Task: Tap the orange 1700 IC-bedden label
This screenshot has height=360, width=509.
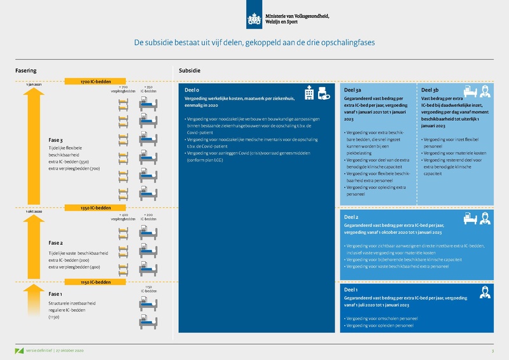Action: point(96,82)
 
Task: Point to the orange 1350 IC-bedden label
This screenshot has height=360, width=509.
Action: point(96,207)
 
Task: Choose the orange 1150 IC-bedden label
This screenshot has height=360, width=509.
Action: point(96,282)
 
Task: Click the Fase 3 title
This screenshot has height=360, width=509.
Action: point(56,140)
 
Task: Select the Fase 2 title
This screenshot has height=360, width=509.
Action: point(56,243)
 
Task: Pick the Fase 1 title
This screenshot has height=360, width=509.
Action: point(56,294)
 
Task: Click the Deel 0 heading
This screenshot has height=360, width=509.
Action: point(192,90)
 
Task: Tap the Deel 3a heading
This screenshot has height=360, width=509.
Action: point(352,90)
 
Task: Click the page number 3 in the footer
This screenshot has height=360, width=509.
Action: point(492,350)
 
